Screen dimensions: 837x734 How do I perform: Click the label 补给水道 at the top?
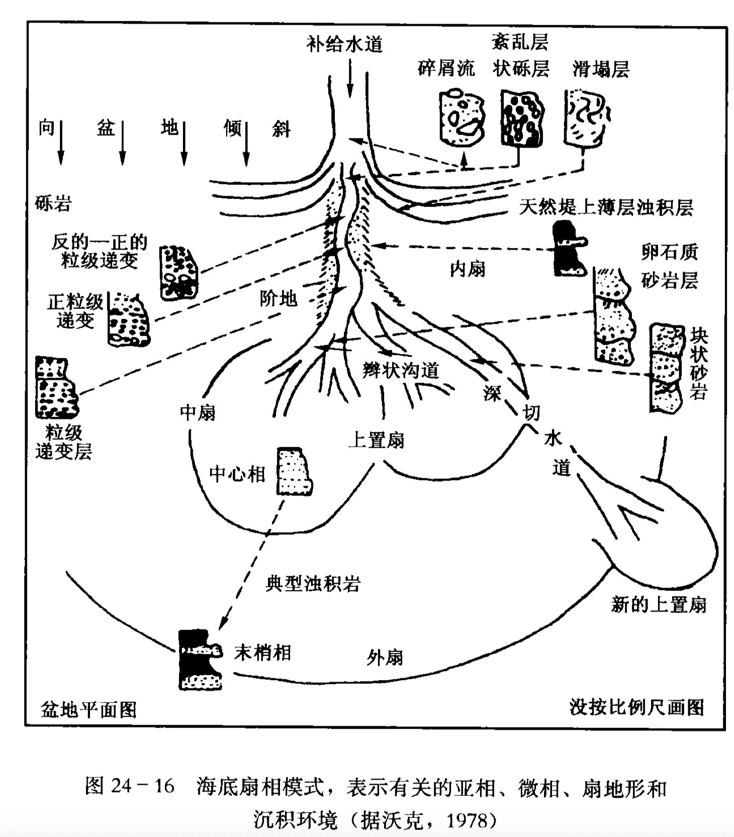coord(344,45)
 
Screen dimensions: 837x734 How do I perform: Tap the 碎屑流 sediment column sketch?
coord(461,117)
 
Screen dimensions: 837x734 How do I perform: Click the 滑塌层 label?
coord(601,69)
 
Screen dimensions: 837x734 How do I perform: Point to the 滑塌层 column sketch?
coord(586,117)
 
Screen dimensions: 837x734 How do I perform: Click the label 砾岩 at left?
coord(53,203)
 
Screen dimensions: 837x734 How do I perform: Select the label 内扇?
coord(468,269)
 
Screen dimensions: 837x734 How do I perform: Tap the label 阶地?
coord(279,299)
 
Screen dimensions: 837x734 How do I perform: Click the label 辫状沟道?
coord(401,371)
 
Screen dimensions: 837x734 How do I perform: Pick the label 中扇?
coord(198,412)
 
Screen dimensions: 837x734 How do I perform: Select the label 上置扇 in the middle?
coord(376,441)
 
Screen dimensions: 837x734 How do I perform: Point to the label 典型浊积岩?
coord(313,584)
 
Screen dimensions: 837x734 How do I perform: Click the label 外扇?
coord(385,657)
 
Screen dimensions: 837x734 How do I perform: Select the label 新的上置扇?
coord(659,604)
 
